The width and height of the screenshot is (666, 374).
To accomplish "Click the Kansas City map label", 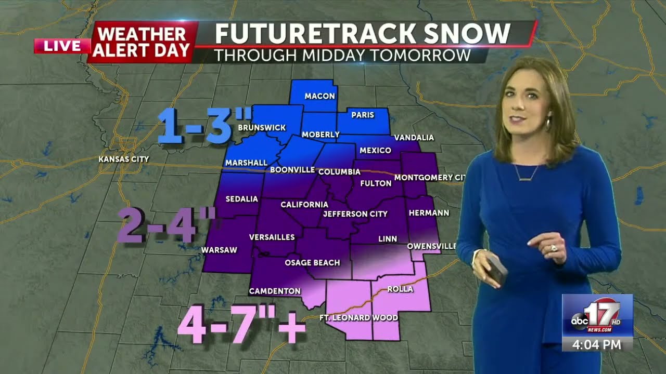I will [x=124, y=159].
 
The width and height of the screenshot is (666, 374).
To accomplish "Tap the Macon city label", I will [x=319, y=96].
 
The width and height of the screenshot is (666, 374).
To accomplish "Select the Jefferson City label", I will [x=355, y=213].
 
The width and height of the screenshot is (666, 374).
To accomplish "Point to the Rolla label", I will [x=400, y=289].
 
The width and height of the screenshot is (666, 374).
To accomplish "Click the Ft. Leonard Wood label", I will [x=358, y=317].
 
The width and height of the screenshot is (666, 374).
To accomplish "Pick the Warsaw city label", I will [x=219, y=250].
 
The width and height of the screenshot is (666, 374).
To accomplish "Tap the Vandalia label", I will [x=414, y=138].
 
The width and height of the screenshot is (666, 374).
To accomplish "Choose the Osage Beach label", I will [x=312, y=262].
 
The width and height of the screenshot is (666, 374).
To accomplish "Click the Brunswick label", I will [x=262, y=127].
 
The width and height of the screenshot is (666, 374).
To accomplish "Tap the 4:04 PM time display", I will [x=597, y=344].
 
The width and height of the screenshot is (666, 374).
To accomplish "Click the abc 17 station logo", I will [x=597, y=315].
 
